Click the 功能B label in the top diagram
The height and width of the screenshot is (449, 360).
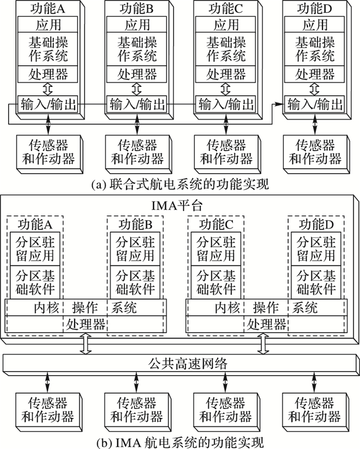tap(137, 8)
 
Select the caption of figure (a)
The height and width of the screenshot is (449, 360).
tap(179, 182)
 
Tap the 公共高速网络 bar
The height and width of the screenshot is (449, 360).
tap(179, 364)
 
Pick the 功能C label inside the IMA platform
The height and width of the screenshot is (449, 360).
tap(217, 224)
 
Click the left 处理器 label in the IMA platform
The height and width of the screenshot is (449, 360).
tap(85, 324)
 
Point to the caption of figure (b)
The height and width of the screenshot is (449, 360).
tap(179, 441)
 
